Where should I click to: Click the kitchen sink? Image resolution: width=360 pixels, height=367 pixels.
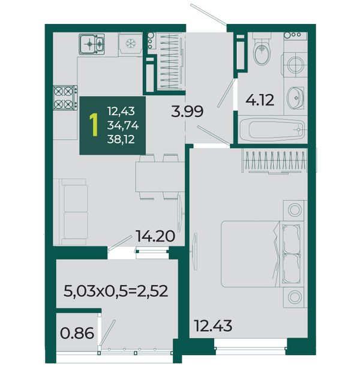click(92, 44)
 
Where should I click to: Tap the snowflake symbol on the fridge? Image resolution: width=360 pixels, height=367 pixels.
click(131, 44)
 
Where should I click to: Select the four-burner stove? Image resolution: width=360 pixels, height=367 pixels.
click(65, 98)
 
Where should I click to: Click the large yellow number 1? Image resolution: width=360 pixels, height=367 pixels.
click(94, 125)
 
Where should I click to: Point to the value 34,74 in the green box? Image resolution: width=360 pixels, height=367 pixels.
click(123, 126)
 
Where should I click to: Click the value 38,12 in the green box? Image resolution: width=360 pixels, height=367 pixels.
click(121, 139)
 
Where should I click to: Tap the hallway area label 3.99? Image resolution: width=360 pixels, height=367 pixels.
click(187, 111)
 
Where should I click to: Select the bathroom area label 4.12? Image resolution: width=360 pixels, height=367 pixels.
click(260, 100)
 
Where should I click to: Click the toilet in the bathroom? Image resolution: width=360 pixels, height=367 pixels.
click(262, 49)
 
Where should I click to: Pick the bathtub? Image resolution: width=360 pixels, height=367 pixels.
click(272, 129)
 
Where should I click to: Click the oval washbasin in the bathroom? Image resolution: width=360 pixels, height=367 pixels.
click(295, 98)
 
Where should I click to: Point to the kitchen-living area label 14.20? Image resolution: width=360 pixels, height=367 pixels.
click(155, 236)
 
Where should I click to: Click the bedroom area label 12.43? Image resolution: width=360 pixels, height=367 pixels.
click(214, 326)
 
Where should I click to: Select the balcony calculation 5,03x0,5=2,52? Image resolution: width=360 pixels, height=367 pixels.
click(116, 291)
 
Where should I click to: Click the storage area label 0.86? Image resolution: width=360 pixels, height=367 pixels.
click(77, 333)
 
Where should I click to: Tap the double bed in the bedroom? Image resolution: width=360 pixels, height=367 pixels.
click(260, 254)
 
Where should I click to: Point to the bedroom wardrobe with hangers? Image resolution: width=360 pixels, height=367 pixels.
click(275, 161)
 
